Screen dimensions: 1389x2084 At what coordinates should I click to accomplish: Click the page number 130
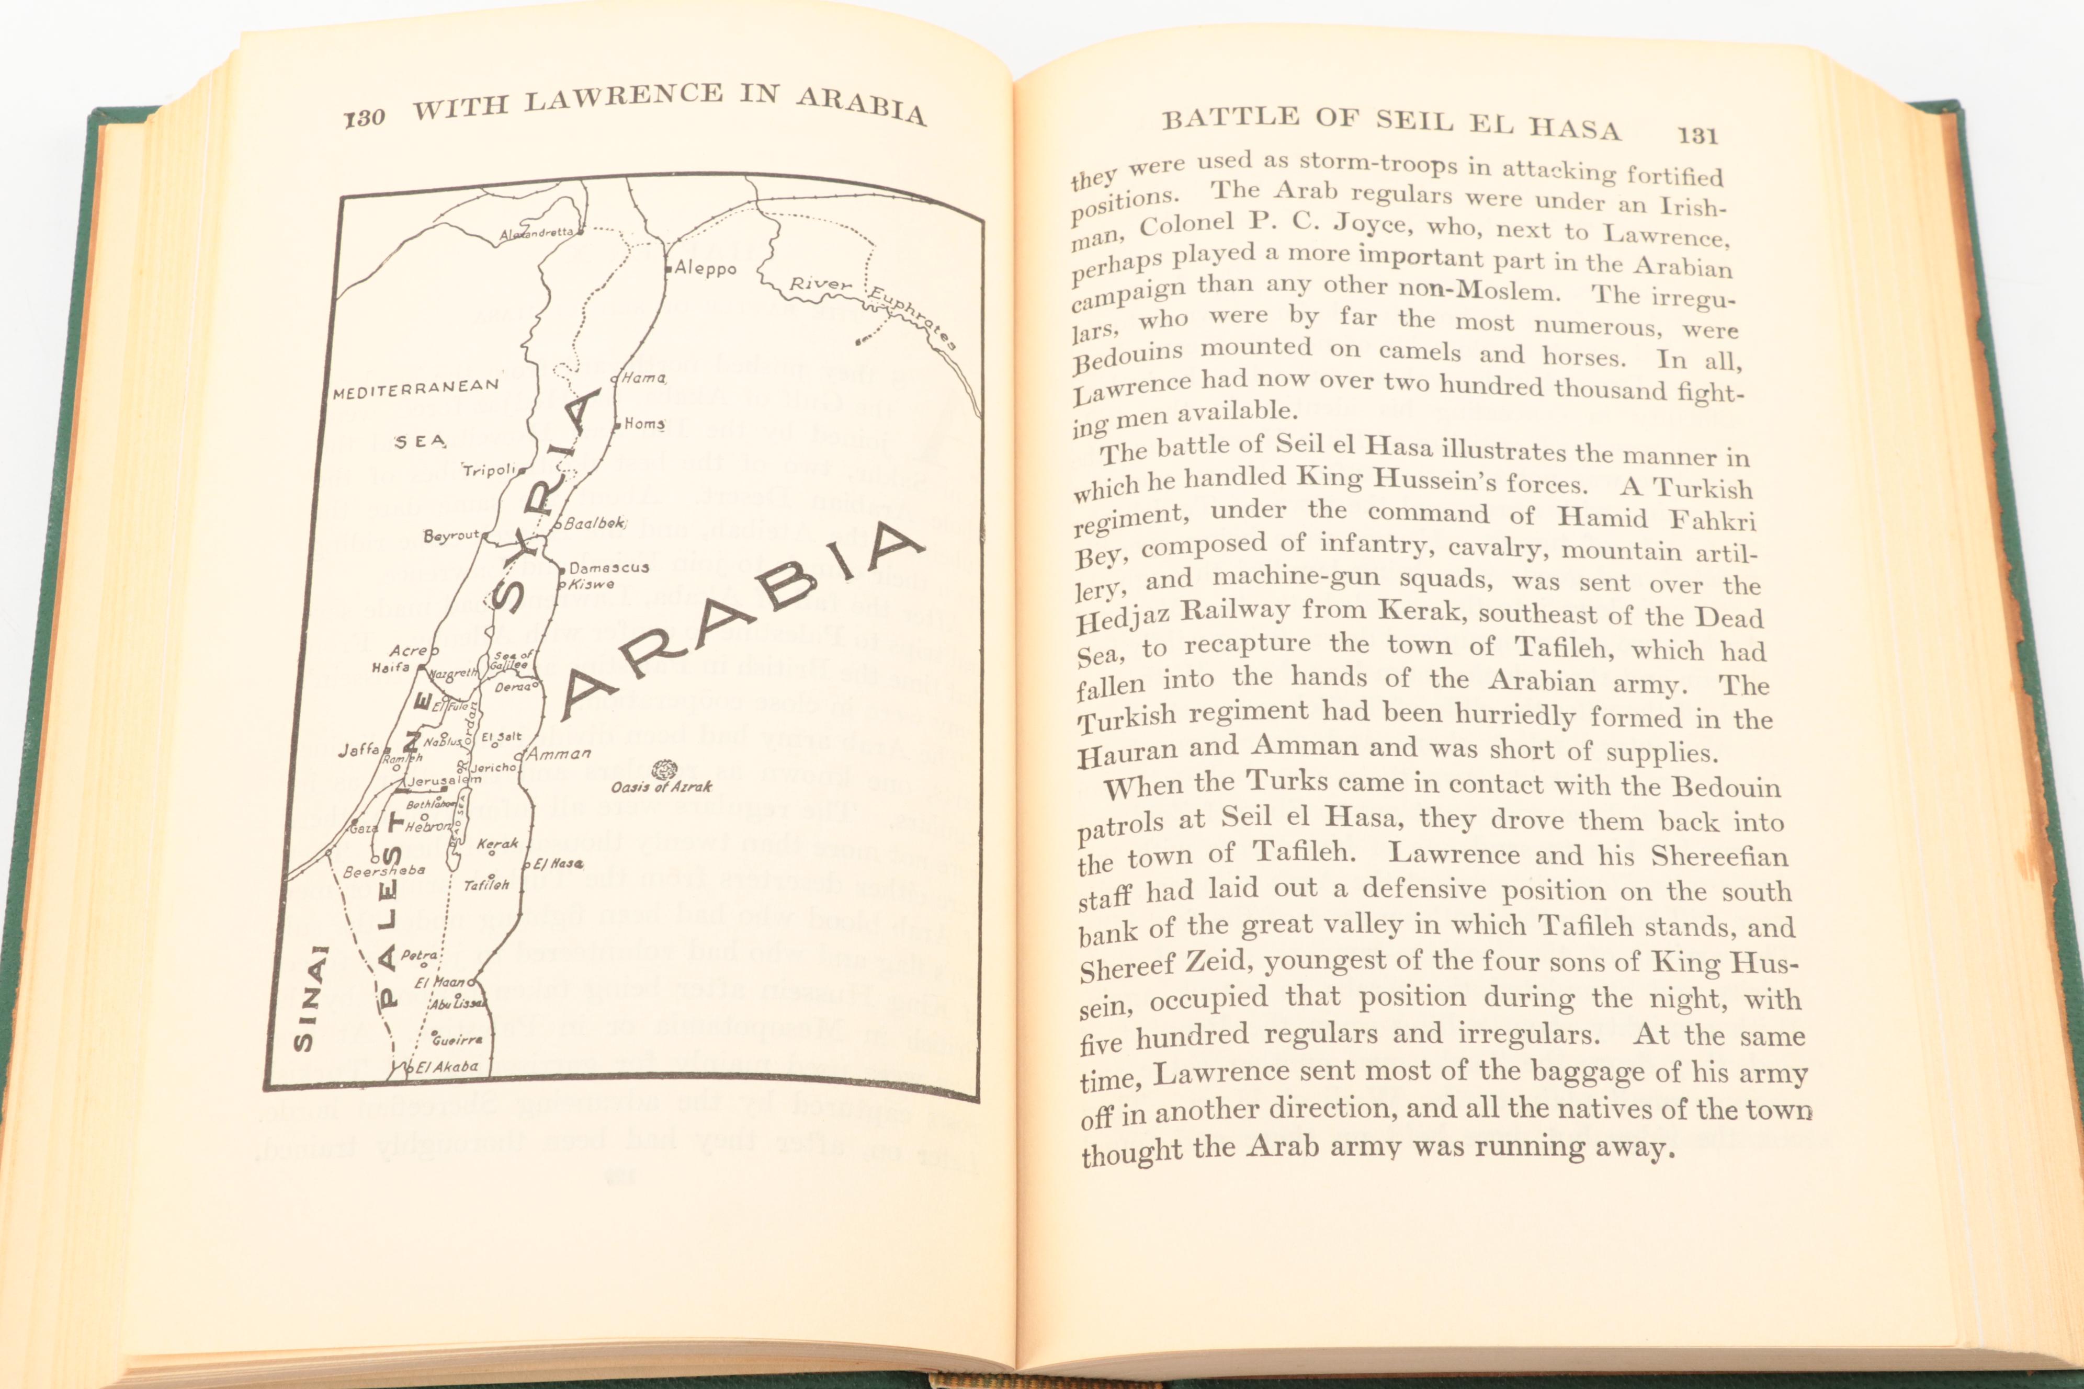[364, 118]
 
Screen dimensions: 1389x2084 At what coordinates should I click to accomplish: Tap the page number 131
[1697, 135]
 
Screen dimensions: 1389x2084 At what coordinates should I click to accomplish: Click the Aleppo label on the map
[705, 268]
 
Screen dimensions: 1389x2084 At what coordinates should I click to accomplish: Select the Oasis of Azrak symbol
[664, 768]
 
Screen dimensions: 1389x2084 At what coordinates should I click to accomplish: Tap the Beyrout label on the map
[451, 536]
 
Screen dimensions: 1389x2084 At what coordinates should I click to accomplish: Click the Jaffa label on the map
[359, 749]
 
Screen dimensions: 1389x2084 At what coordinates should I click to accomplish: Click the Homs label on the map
[644, 424]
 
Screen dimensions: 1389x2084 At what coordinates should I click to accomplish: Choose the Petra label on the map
[418, 956]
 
